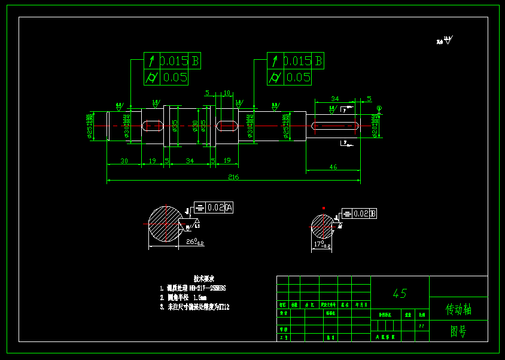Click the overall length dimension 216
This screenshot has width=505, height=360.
[x=233, y=177]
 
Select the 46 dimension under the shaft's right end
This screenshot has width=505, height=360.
[x=333, y=167]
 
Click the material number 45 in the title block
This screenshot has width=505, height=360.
[x=400, y=294]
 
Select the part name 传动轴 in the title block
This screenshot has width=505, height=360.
[x=458, y=309]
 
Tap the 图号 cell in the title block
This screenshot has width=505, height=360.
[x=458, y=331]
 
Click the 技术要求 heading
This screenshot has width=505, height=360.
[x=203, y=279]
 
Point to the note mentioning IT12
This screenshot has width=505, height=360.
[x=194, y=307]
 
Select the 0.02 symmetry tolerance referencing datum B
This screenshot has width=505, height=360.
[x=361, y=213]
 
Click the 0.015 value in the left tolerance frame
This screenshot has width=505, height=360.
[x=174, y=61]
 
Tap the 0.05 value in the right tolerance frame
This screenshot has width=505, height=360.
[x=298, y=77]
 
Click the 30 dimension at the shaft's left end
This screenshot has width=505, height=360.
[x=124, y=161]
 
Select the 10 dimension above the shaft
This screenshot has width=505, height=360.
[x=227, y=93]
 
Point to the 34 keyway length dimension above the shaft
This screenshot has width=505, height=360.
[x=334, y=99]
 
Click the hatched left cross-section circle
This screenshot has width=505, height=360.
[x=163, y=224]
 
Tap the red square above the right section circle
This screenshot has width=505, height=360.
[x=324, y=208]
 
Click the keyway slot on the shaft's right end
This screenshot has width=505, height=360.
[x=336, y=126]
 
